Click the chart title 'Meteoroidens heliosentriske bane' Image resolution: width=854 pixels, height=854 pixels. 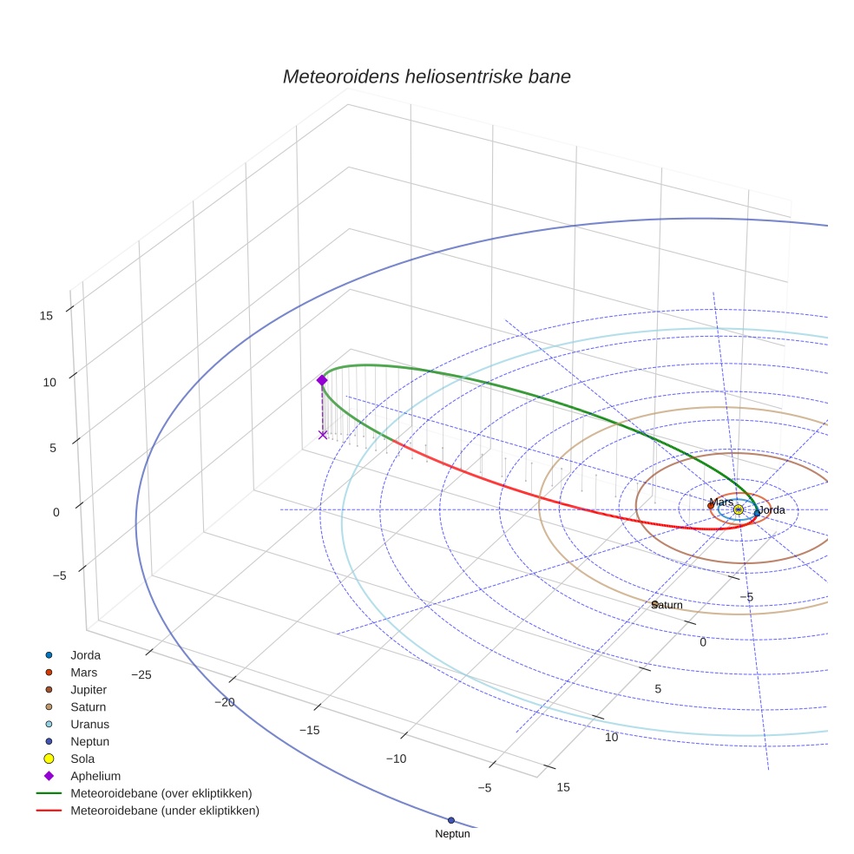point(426,76)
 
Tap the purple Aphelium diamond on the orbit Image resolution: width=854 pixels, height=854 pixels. point(322,380)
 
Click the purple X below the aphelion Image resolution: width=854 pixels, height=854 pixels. point(323,435)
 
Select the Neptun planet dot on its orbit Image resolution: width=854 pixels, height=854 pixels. point(450,820)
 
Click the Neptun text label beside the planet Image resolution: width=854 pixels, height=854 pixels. point(452,834)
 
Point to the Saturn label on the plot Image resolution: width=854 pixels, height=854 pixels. point(667,605)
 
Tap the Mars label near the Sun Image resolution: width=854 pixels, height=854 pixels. point(721,503)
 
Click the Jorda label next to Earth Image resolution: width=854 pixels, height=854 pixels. point(772,510)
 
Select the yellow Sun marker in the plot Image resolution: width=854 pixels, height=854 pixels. point(739,510)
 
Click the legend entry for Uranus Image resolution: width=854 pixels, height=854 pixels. point(89,725)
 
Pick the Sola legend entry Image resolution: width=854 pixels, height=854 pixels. point(83,759)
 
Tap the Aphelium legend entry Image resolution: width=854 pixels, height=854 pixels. point(95,776)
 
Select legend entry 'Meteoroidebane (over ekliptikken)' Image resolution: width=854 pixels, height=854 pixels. point(161,793)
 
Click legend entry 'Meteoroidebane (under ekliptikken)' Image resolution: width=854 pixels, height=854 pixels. point(165,811)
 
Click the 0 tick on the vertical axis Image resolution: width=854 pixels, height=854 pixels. point(56,512)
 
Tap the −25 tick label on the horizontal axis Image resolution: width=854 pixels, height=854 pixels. point(141,674)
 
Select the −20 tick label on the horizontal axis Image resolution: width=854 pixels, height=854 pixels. point(225,702)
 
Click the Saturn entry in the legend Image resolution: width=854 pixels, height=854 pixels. point(88,707)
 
